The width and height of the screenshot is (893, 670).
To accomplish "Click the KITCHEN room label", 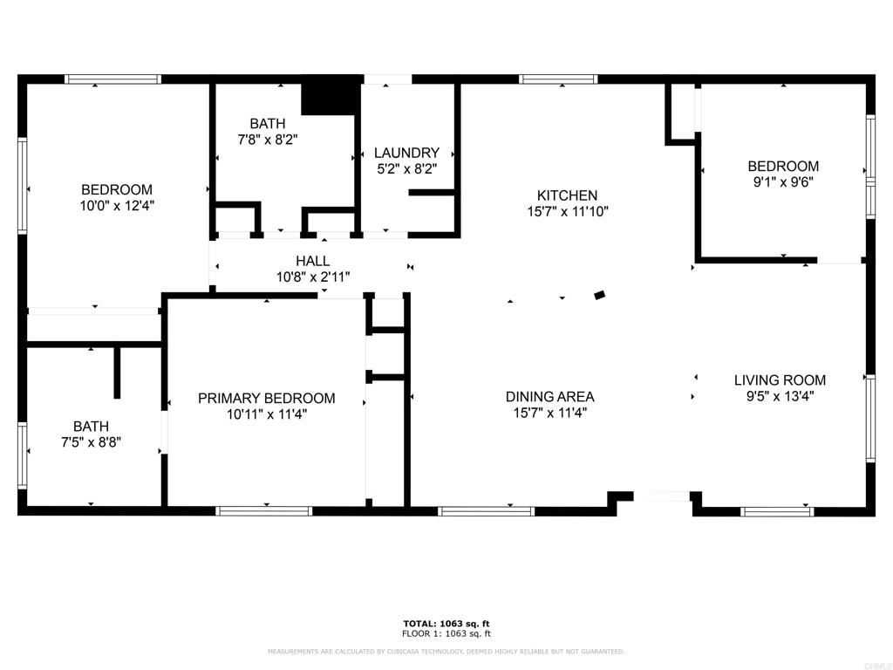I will pyautogui.click(x=567, y=195).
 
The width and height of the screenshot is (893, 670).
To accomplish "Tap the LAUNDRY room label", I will pyautogui.click(x=406, y=153).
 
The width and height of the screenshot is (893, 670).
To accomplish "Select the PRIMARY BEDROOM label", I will pyautogui.click(x=266, y=399).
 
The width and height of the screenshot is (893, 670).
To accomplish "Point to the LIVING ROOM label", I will pyautogui.click(x=780, y=380).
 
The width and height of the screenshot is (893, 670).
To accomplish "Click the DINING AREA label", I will pyautogui.click(x=549, y=397).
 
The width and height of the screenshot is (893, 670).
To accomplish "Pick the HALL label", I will pyautogui.click(x=312, y=261).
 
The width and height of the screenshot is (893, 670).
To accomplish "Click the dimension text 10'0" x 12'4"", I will pyautogui.click(x=117, y=206).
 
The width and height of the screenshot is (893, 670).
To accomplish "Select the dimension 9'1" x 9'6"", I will pyautogui.click(x=783, y=182).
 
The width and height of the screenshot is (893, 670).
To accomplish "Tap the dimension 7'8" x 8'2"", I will pyautogui.click(x=267, y=140).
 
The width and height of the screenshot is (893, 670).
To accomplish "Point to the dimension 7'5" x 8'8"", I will pyautogui.click(x=91, y=442).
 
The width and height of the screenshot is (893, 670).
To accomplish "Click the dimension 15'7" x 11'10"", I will pyautogui.click(x=567, y=211).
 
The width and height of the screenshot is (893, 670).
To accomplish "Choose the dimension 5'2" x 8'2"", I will pyautogui.click(x=406, y=169).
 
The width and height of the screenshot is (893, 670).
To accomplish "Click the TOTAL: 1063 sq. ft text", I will pyautogui.click(x=446, y=624).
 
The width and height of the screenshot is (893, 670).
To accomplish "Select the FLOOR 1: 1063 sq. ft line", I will pyautogui.click(x=446, y=633).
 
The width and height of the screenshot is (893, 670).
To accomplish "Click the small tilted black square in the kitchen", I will pyautogui.click(x=599, y=296).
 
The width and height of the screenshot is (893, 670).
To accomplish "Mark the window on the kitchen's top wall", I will pyautogui.click(x=558, y=79).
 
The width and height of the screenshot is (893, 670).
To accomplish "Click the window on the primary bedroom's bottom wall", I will pyautogui.click(x=264, y=510).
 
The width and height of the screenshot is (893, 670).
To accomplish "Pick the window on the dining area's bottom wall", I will pyautogui.click(x=486, y=510).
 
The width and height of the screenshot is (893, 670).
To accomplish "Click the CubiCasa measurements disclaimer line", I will pyautogui.click(x=446, y=652).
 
